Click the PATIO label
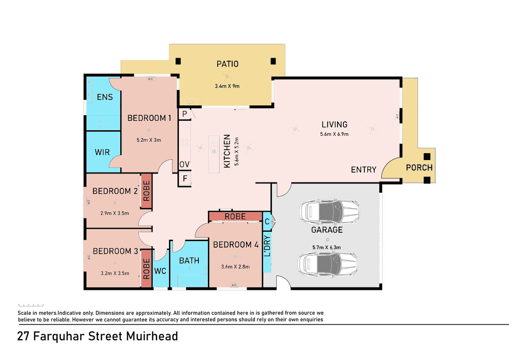(x=227, y=64)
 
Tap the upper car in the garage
(x=329, y=212)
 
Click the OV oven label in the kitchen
(x=184, y=165)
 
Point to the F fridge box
(x=185, y=179)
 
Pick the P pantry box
(x=184, y=114)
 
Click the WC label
(x=160, y=270)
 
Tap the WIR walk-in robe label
(x=102, y=152)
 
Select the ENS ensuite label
(x=104, y=97)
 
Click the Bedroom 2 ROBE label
(x=147, y=191)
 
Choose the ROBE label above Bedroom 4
(x=235, y=216)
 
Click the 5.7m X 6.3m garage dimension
(x=327, y=247)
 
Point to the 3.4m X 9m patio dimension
(x=227, y=86)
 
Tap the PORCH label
(x=419, y=168)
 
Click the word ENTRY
(x=363, y=170)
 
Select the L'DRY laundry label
(x=267, y=246)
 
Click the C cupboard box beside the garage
(x=267, y=222)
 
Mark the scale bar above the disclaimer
(x=31, y=305)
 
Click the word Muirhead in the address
(x=152, y=336)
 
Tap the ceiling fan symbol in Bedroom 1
(x=149, y=130)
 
